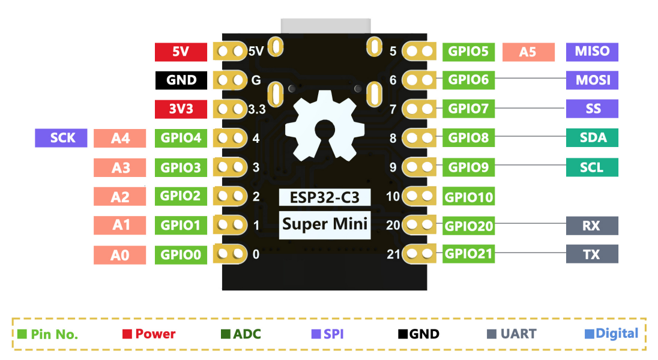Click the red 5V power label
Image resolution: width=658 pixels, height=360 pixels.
tap(181, 52)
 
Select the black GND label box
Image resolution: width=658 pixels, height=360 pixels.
tap(181, 80)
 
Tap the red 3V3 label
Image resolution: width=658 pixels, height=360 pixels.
tap(181, 109)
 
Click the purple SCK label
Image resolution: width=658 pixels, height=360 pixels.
tap(62, 138)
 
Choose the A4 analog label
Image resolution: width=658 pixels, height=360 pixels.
tap(120, 139)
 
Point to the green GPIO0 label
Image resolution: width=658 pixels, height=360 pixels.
tap(181, 254)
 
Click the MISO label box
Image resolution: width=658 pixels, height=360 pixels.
tap(592, 52)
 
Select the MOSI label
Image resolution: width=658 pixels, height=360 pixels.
tap(592, 80)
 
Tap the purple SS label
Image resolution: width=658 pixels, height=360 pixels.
tap(592, 109)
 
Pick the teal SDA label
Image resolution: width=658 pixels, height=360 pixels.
tap(592, 138)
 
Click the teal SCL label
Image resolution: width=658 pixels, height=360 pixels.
tap(592, 167)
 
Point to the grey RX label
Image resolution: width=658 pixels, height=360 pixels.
tap(592, 226)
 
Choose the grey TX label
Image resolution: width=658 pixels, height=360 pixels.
tap(592, 254)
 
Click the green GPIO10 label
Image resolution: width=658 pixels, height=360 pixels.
tap(469, 196)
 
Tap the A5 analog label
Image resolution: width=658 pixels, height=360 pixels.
tap(528, 52)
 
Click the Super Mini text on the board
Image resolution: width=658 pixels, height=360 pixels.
tap(325, 224)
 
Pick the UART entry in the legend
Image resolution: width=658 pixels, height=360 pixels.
tap(510, 334)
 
